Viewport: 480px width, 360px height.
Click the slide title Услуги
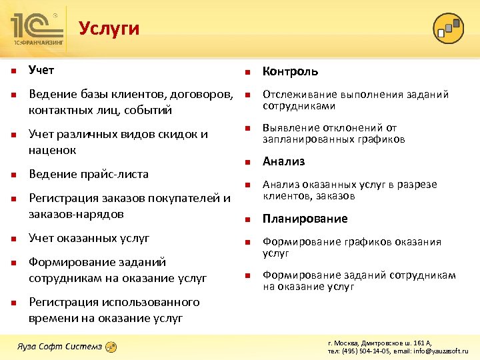coord(109,28)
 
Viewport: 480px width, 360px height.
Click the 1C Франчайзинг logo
coord(38,28)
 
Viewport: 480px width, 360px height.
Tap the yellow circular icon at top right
coord(447,27)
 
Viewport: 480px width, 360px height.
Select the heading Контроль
coord(290,71)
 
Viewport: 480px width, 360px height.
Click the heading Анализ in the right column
coord(283,161)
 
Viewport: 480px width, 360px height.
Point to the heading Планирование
coord(305,219)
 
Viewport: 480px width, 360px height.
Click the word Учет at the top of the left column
coord(41,69)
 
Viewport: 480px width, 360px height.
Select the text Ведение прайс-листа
coord(89,174)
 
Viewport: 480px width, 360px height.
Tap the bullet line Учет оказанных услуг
coord(89,238)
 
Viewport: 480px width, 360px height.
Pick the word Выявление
coord(289,128)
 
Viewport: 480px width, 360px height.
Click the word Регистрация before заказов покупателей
coord(63,198)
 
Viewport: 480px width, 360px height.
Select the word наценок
coord(52,150)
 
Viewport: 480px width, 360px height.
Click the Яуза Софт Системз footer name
coord(59,346)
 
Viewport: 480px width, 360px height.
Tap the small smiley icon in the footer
coord(111,347)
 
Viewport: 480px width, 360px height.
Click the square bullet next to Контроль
coord(246,72)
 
